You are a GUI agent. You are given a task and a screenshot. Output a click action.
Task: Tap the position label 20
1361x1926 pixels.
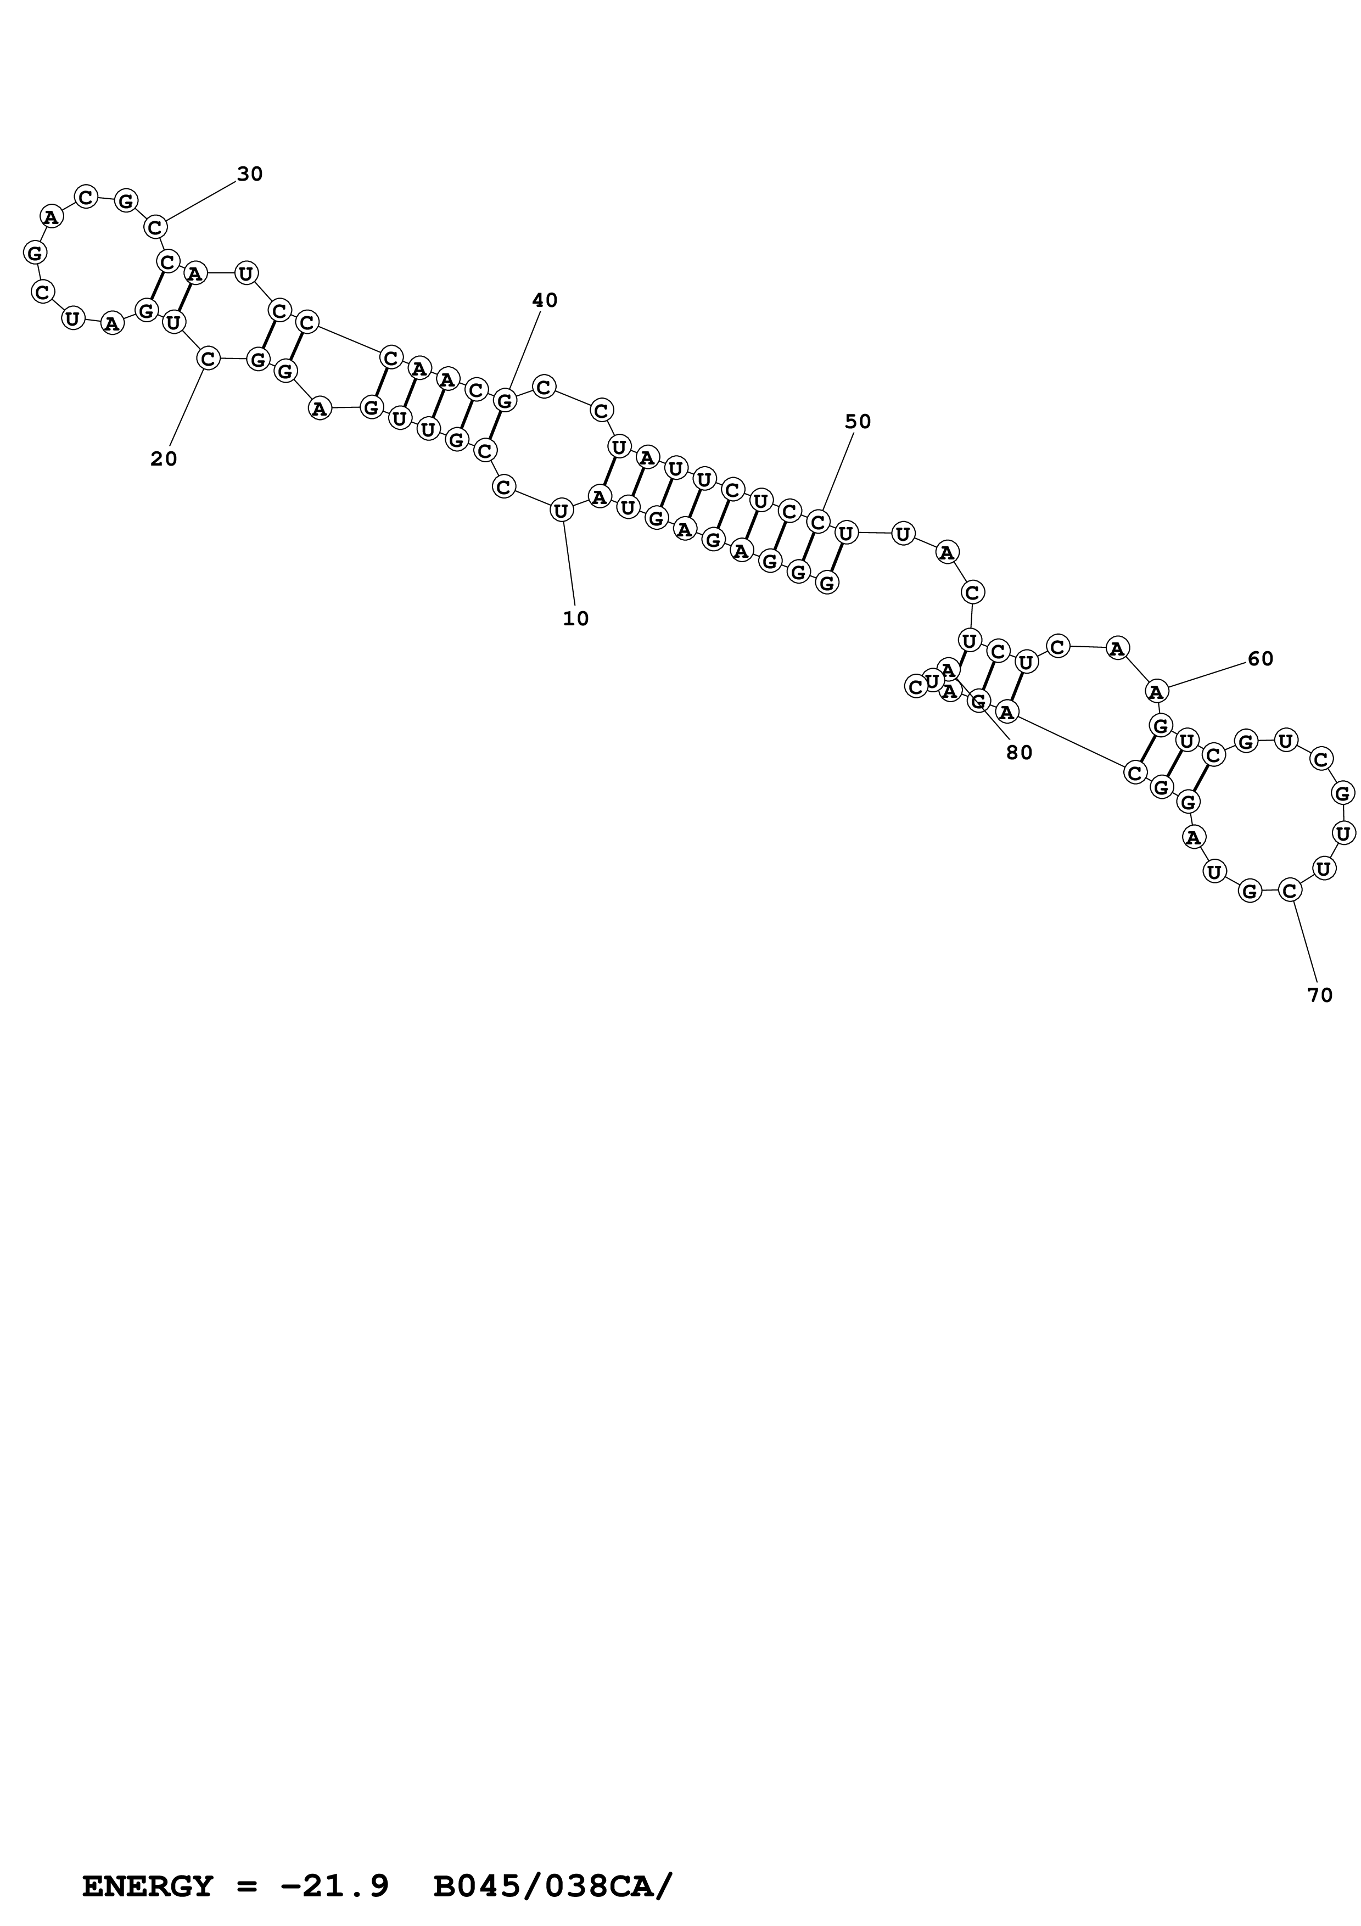164,459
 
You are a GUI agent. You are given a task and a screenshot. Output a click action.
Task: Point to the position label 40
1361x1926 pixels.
545,300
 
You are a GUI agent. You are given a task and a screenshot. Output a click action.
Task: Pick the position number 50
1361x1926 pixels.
858,422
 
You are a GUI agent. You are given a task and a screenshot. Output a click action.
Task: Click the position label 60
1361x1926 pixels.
1261,659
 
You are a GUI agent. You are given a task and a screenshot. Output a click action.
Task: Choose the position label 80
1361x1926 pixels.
1020,753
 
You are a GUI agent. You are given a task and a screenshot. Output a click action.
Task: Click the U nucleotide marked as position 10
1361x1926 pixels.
561,510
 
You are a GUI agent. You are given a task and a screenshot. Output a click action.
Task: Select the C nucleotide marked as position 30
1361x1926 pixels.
156,227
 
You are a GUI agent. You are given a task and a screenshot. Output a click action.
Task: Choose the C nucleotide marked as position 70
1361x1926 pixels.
1290,891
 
